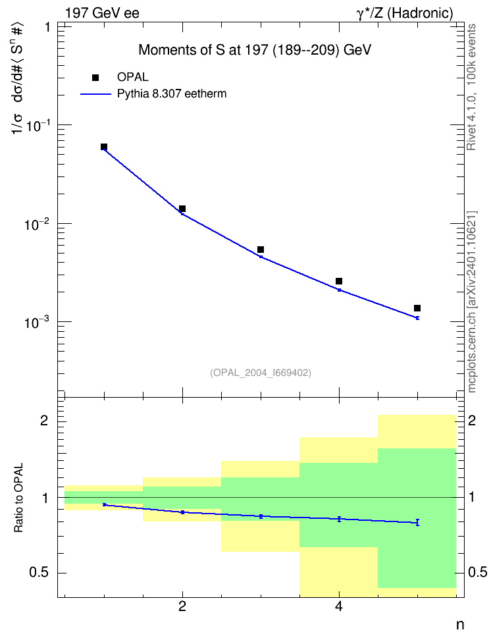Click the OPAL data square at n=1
tap(104, 147)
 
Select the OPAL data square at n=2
tap(182, 209)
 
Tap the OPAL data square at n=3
tap(261, 250)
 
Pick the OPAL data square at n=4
tap(339, 281)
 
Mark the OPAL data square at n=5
tap(417, 308)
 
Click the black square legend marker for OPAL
tap(95, 78)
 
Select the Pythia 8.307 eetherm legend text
tap(172, 94)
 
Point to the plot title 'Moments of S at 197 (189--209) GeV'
tap(255, 50)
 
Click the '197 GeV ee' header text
tap(102, 13)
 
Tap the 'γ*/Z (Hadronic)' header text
tap(405, 13)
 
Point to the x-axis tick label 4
tap(339, 606)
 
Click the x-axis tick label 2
tap(182, 606)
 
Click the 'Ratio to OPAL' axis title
tap(18, 498)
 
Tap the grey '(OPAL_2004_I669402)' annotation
tap(261, 373)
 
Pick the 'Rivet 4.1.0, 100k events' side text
tap(471, 87)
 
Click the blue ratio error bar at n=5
tap(417, 522)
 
